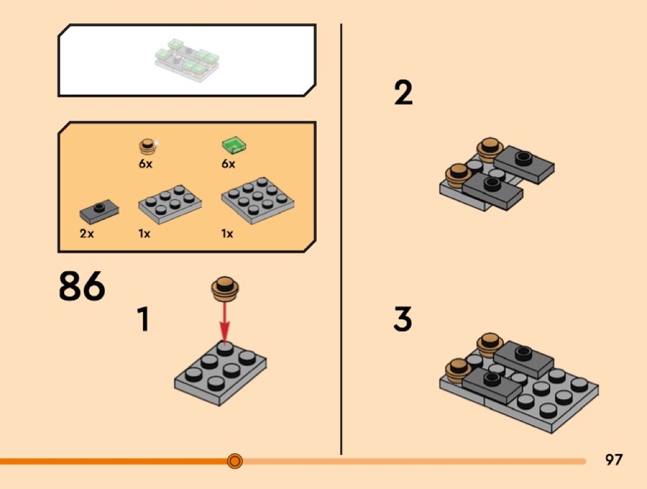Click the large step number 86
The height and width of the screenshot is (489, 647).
(x=82, y=286)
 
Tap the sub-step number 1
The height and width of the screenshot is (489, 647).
(x=143, y=318)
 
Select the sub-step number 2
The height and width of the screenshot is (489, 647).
(x=403, y=92)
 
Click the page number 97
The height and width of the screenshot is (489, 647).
(x=614, y=459)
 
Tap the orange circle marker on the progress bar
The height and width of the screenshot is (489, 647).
(x=235, y=461)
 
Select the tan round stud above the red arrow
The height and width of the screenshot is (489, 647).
(x=226, y=288)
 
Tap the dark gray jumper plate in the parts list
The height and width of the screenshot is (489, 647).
(x=99, y=211)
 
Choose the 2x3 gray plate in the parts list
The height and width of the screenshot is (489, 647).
(x=170, y=203)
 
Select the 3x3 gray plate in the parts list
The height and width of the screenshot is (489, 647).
(x=258, y=200)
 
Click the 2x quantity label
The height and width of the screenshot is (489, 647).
(x=87, y=234)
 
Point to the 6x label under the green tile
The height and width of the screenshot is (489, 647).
(x=228, y=164)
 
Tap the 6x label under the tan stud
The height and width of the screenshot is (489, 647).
(x=145, y=164)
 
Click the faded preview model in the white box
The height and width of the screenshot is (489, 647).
(x=187, y=60)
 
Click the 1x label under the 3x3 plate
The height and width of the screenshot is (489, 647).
(x=227, y=234)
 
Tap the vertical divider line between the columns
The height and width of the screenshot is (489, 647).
(x=341, y=239)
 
